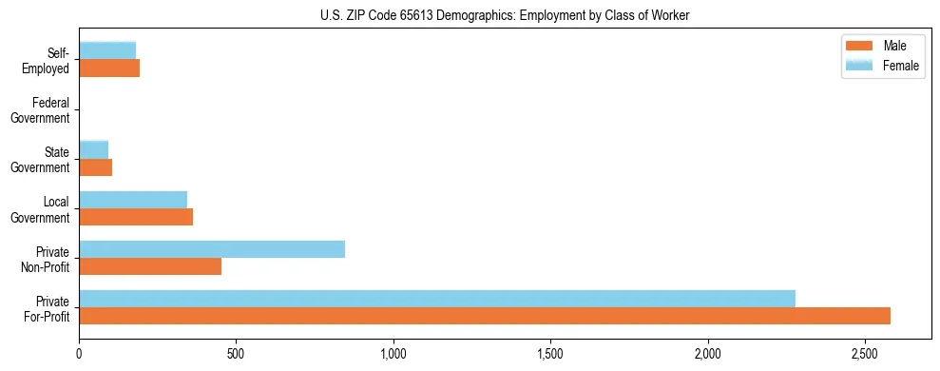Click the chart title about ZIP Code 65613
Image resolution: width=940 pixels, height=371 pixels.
click(470, 15)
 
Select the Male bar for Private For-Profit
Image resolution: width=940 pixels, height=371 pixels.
click(485, 316)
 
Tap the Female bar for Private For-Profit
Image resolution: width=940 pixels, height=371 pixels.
click(437, 299)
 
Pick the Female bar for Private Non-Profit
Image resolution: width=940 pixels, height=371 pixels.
click(212, 249)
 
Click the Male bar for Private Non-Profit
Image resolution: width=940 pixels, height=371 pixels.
click(150, 266)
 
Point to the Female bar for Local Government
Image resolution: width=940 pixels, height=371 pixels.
click(133, 200)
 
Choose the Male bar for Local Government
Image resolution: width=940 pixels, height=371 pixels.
click(136, 217)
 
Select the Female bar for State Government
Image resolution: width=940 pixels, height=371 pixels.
click(94, 149)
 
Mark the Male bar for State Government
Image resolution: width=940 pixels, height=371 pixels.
click(96, 167)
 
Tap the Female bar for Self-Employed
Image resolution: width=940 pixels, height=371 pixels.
click(107, 50)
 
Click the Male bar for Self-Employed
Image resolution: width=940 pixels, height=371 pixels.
click(109, 68)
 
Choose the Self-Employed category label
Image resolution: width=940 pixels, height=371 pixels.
click(47, 60)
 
